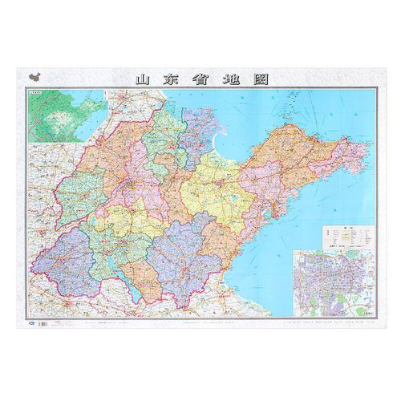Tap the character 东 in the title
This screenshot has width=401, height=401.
click(x=171, y=79)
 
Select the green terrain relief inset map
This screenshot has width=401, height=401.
click(x=56, y=119)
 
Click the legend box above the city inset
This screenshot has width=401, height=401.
click(x=344, y=237)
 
